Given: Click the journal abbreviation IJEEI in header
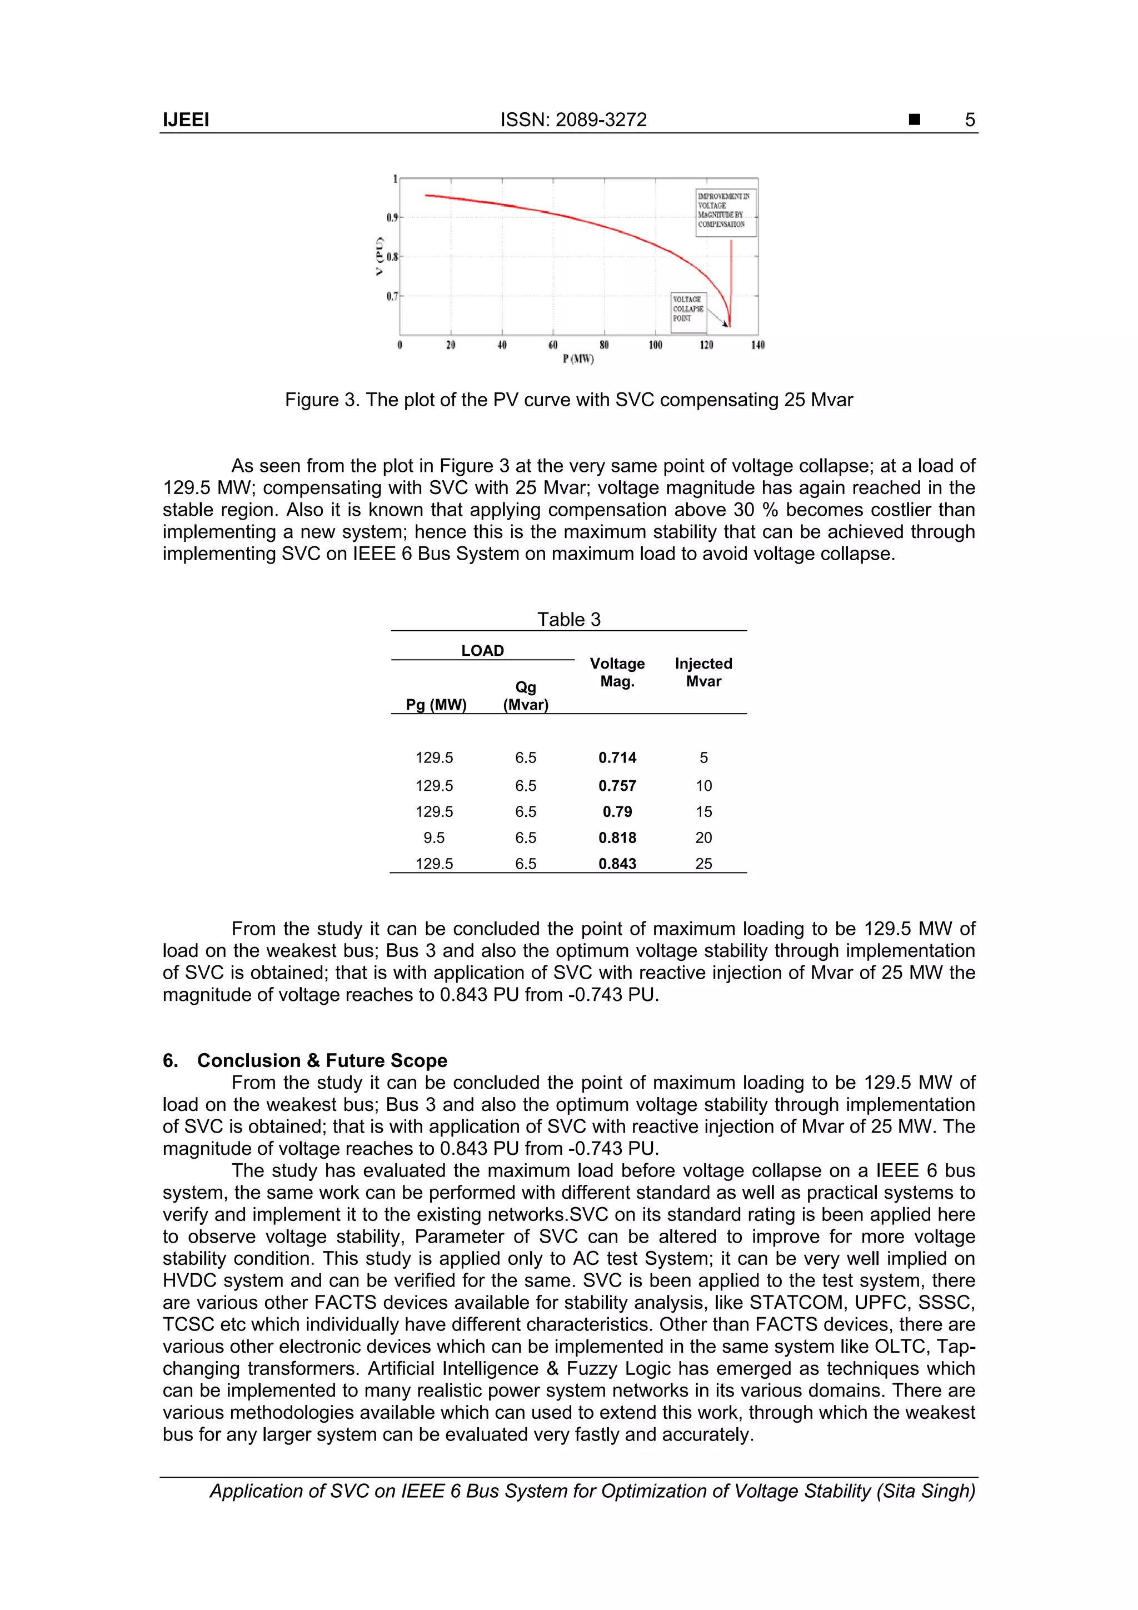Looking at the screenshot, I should [186, 120].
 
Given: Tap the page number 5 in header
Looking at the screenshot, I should [970, 120].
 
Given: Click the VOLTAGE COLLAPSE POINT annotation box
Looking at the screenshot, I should [688, 309].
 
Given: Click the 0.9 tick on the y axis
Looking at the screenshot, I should [391, 217].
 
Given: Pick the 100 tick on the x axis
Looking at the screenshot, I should [655, 345].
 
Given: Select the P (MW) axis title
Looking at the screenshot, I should [578, 359].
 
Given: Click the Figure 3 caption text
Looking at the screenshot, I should [568, 400].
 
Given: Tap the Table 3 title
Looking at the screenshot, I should [568, 619].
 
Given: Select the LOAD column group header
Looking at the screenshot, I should [482, 651].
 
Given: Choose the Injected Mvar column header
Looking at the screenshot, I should [703, 672].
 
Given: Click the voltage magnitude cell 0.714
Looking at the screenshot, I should [617, 758].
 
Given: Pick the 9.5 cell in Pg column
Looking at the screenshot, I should [433, 838].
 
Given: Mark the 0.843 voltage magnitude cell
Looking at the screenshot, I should [617, 864].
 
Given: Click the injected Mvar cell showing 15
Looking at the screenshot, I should [703, 812].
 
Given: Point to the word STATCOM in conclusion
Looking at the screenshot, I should [796, 1303].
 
